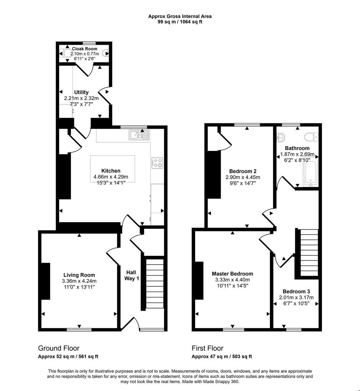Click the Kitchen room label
pos(111,171)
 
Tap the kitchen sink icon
pos(139,135)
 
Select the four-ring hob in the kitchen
pos(157,163)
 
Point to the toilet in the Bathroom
pos(311,137)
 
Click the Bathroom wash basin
pos(281,137)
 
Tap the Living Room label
pos(79,275)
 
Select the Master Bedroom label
pos(232,274)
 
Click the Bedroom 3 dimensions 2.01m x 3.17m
pos(296,297)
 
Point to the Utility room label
pos(81,92)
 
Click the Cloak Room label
pos(84,49)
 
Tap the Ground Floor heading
pos(58,348)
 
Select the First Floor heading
pos(207,348)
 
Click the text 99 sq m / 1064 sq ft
pos(180,22)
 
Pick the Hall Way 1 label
pos(131,275)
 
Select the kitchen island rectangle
pos(113,169)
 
